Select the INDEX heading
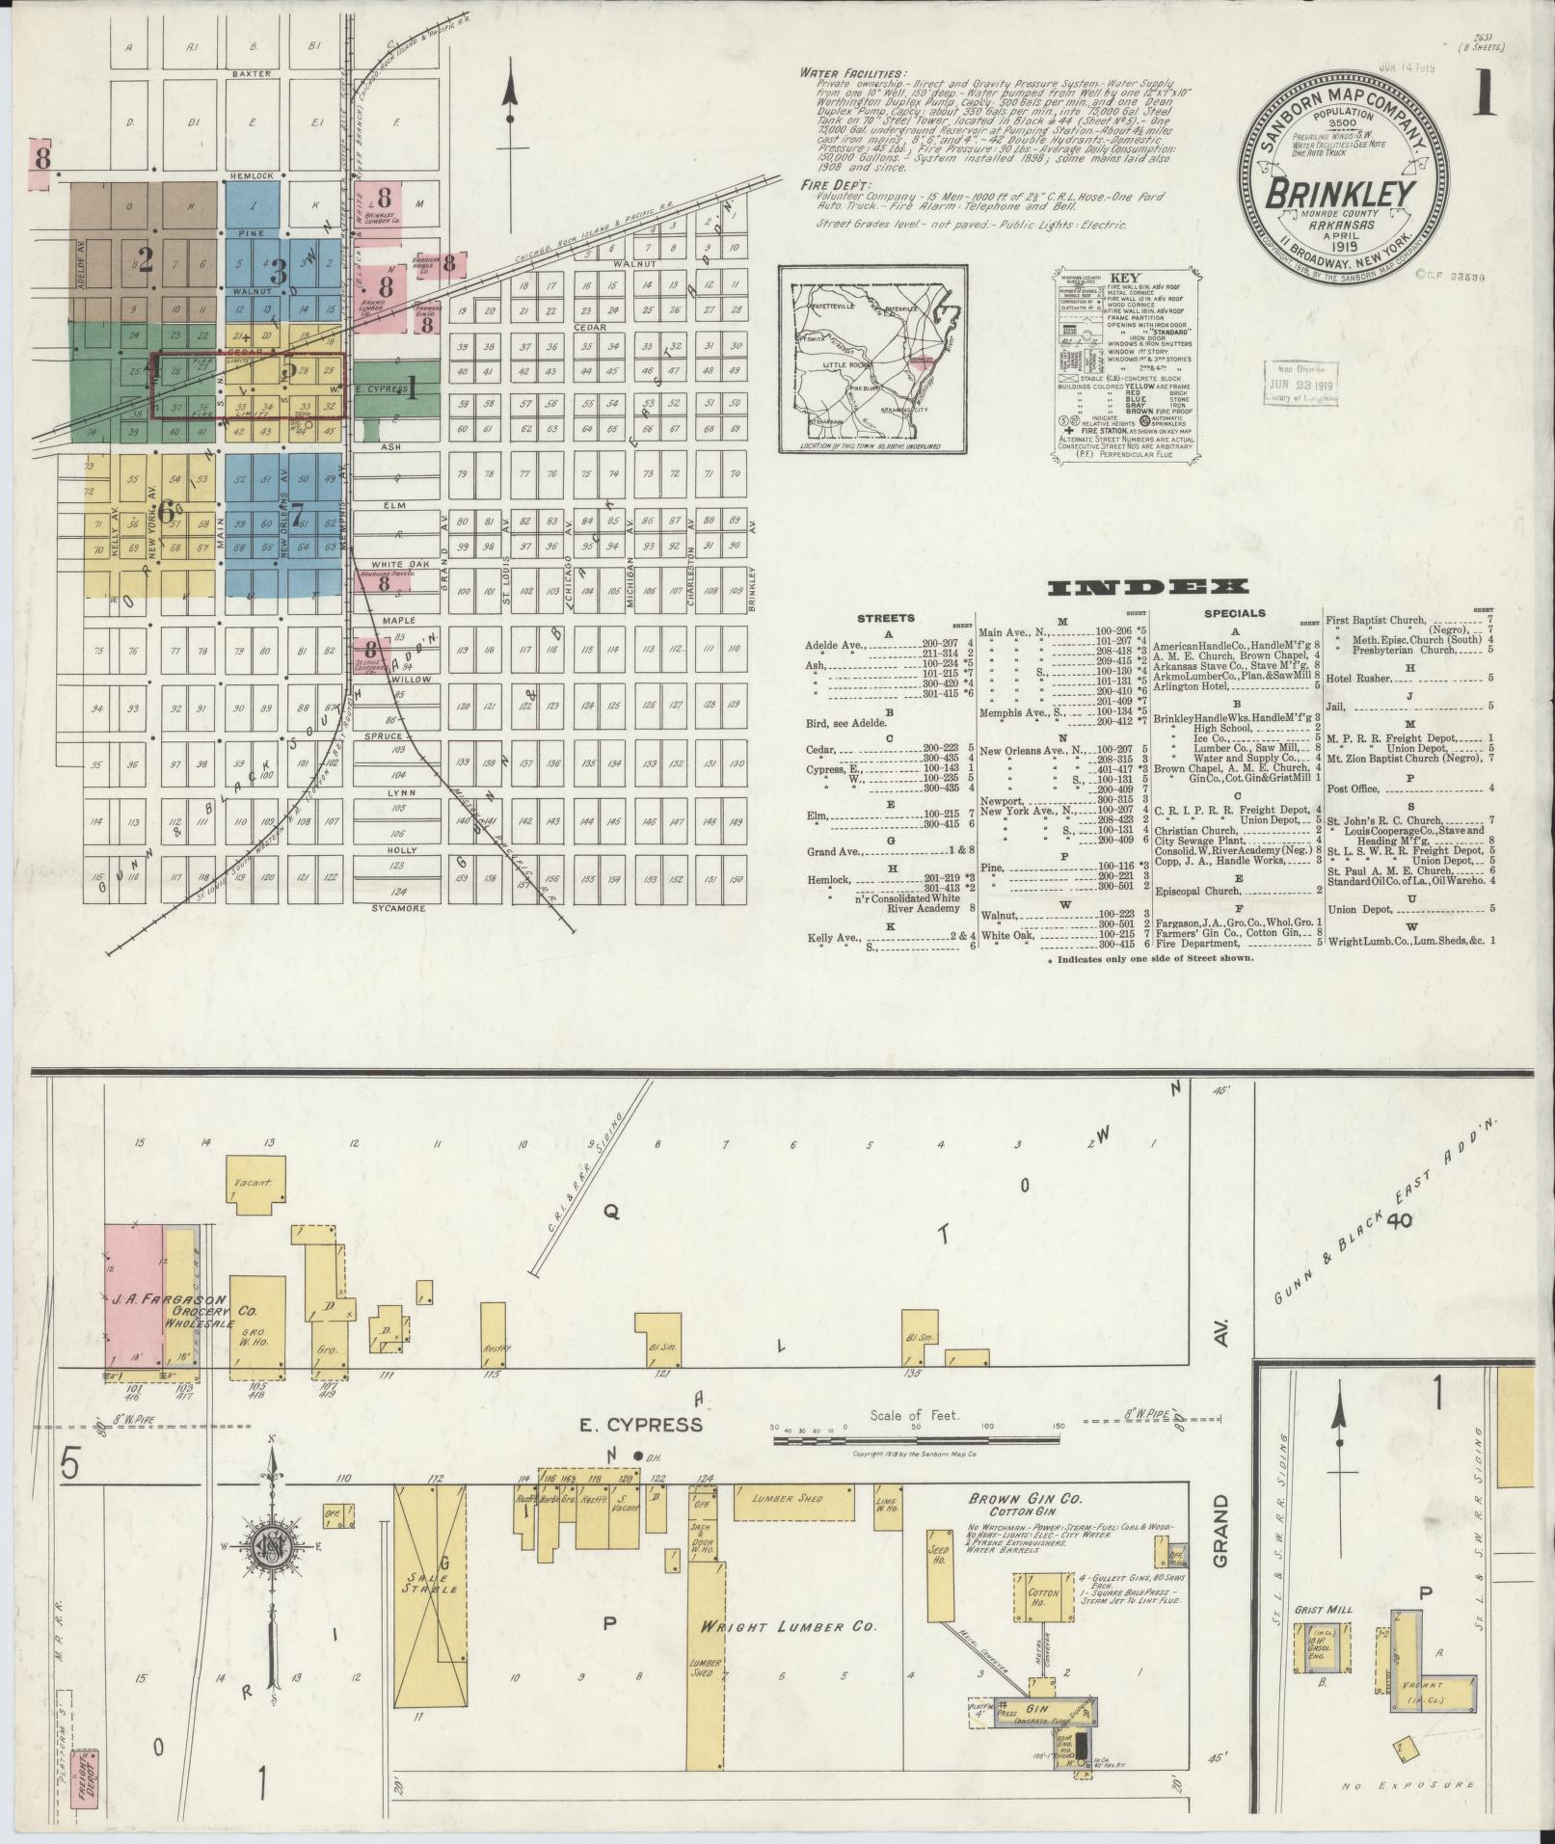[x=1148, y=587]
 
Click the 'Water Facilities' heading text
[x=852, y=73]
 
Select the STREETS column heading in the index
[x=884, y=618]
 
